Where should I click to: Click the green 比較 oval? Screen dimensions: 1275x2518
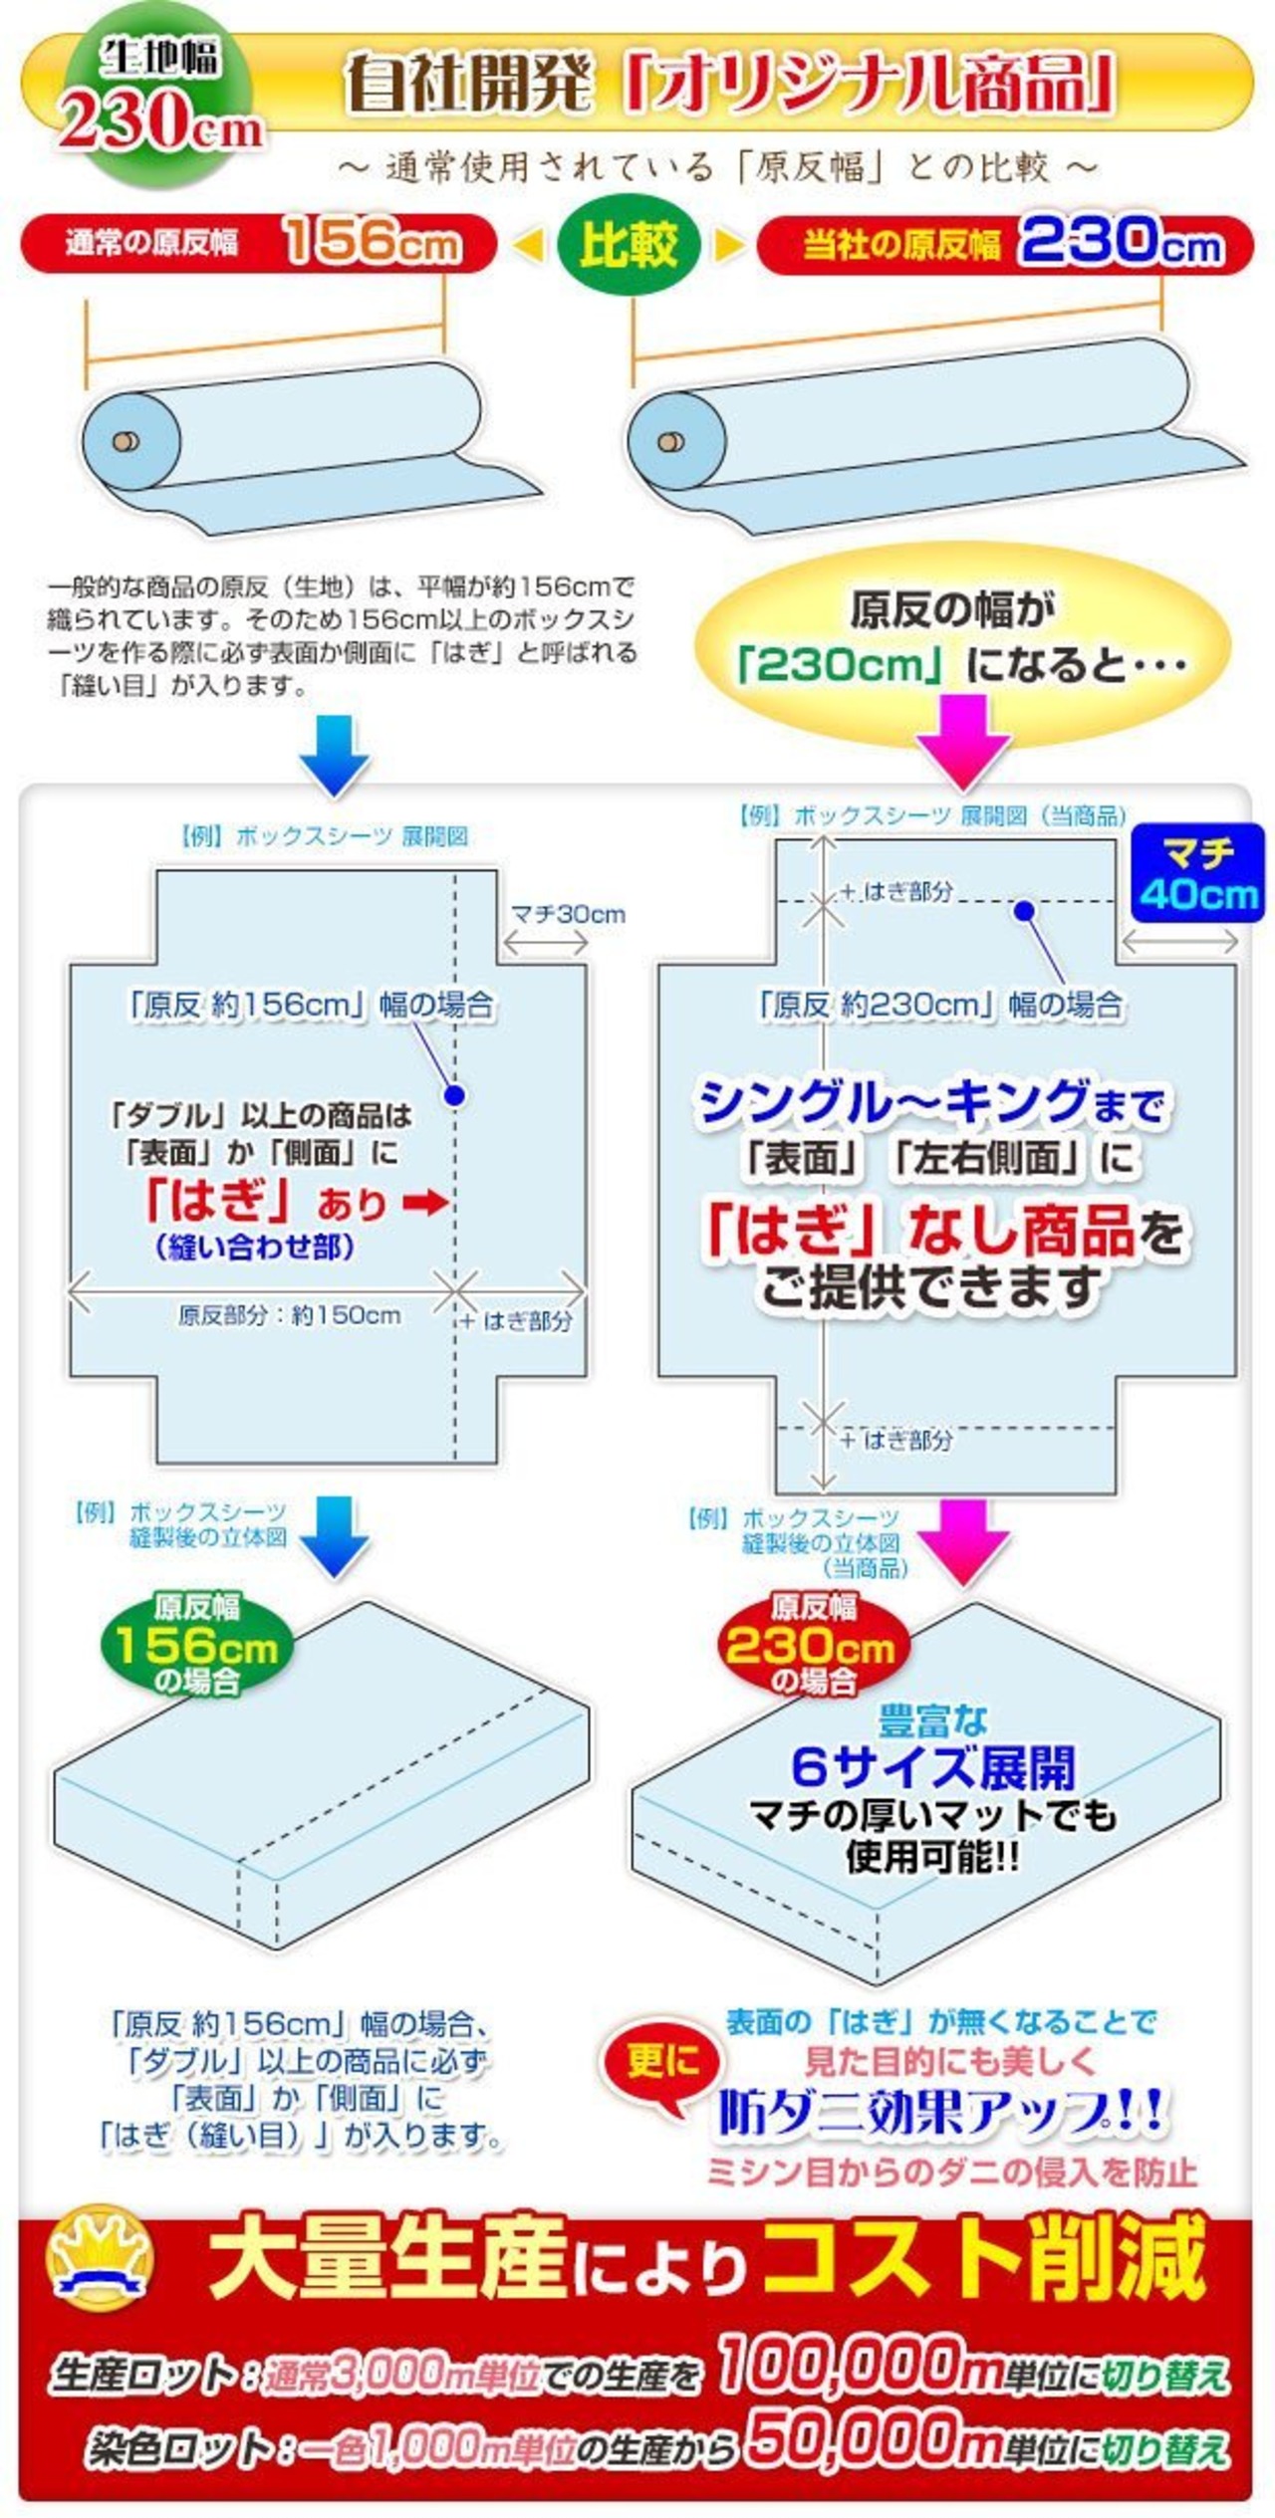tap(629, 245)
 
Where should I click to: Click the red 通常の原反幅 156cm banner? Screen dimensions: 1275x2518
tap(258, 244)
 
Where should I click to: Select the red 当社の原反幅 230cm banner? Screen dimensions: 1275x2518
tap(1005, 245)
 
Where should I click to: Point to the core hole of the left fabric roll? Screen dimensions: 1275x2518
tap(123, 441)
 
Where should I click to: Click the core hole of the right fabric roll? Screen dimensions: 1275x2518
tap(669, 441)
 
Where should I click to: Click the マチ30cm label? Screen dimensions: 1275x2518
tap(568, 914)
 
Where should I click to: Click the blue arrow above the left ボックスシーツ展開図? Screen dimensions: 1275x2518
tap(335, 755)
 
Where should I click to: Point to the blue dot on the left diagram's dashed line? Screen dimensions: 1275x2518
tap(454, 1096)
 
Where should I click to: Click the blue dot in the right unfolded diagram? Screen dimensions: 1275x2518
tap(1024, 910)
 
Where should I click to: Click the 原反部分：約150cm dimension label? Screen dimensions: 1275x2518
tap(290, 1315)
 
